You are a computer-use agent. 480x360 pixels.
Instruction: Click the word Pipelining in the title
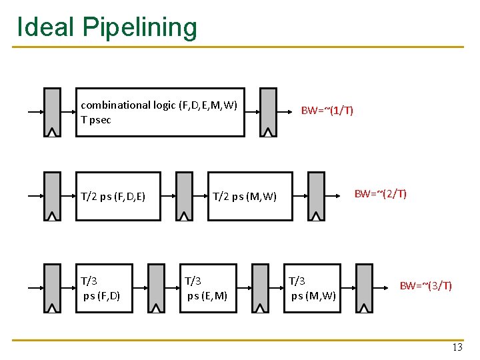tap(140, 27)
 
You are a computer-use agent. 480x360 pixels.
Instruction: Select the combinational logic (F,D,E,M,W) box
tap(161, 112)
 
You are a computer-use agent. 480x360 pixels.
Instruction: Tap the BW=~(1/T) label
tap(327, 110)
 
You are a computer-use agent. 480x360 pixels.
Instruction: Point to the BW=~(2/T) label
tap(380, 194)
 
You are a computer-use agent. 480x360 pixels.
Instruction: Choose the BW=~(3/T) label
tap(425, 286)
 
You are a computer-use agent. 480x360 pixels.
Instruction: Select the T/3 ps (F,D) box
tap(106, 288)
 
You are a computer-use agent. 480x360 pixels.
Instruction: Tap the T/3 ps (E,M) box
tap(209, 288)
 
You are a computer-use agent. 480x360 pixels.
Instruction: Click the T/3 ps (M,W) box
tap(314, 288)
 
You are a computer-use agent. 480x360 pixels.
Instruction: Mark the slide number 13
tap(457, 347)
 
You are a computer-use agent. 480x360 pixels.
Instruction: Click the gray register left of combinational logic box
tap(52, 112)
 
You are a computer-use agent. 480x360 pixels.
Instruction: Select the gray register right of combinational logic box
tap(268, 112)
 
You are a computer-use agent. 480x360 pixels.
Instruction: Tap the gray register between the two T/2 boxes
tap(183, 196)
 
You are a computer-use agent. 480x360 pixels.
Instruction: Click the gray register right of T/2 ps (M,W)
tap(316, 196)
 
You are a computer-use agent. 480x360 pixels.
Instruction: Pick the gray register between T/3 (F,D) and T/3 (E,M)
tap(156, 288)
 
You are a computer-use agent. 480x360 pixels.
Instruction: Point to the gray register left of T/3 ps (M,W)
tap(260, 288)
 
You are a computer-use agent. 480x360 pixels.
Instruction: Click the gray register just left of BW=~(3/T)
tap(364, 288)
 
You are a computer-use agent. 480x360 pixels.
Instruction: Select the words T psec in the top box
tap(96, 120)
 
